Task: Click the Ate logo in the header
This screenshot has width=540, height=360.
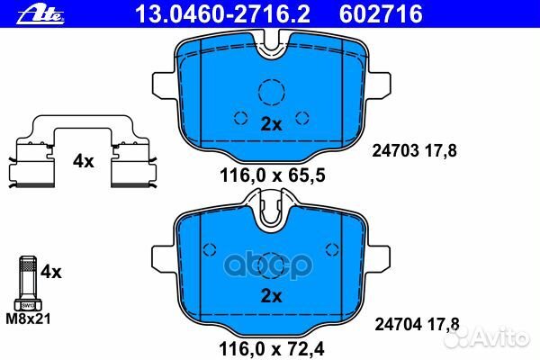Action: [x=40, y=15]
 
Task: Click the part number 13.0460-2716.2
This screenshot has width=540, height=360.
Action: [x=222, y=14]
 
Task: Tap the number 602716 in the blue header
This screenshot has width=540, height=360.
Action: [x=381, y=14]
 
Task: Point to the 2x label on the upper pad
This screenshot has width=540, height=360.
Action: [x=271, y=124]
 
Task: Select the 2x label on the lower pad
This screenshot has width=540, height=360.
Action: [x=271, y=295]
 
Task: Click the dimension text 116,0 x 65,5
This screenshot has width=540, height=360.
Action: [x=272, y=175]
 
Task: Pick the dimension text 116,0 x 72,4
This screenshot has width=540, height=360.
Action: [x=272, y=348]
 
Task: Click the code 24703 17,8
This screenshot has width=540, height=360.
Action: [x=414, y=150]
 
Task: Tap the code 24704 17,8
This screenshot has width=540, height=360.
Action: [x=417, y=324]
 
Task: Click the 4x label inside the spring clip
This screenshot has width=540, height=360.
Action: [x=83, y=161]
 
